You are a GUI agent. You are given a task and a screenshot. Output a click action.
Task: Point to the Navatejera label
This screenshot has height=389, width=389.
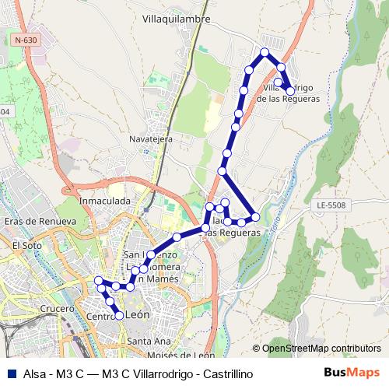150,138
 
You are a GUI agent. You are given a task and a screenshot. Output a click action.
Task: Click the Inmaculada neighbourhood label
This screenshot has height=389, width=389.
104,201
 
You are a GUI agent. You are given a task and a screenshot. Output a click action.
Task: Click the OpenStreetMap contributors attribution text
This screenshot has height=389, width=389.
321,348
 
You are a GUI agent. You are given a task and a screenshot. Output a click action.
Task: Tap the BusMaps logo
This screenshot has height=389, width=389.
352,373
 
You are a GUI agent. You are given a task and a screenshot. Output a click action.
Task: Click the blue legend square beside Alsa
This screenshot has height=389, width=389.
11,374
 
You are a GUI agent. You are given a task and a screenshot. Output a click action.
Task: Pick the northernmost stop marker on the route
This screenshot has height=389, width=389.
265,52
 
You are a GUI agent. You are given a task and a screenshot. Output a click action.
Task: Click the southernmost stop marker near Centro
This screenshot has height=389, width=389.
120,315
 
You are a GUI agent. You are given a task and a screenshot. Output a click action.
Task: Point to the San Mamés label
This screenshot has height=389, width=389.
161,278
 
